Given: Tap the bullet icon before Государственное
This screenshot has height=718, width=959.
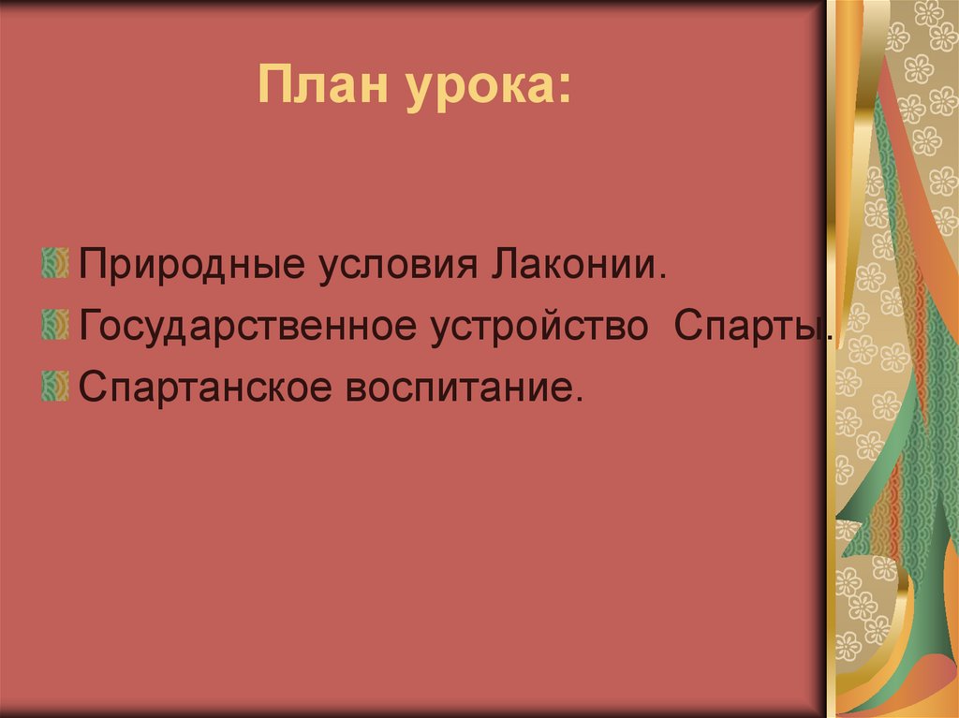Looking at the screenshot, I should pos(54,323).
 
